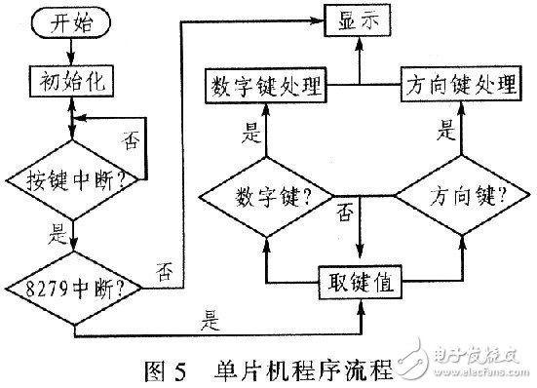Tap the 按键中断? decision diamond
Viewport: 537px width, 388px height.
click(75, 179)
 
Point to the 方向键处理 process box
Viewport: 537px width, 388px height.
click(458, 86)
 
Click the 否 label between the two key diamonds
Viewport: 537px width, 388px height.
click(344, 213)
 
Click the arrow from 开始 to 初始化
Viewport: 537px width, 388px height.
click(74, 55)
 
